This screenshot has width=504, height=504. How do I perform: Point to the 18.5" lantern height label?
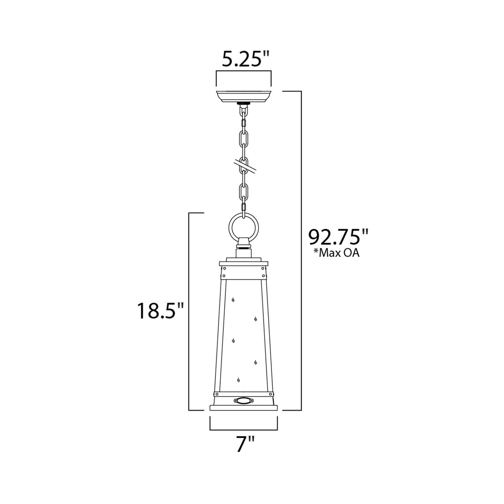pos(160,311)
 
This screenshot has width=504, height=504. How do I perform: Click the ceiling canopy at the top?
pos(244,97)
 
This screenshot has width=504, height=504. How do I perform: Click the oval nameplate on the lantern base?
pos(243,401)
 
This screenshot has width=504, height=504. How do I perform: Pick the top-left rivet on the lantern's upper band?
pos(225,269)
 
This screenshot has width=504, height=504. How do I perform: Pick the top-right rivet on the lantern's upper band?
pos(263,269)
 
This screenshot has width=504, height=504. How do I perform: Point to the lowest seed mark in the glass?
pos(239,380)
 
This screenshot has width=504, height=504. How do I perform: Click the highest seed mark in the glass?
pos(233,300)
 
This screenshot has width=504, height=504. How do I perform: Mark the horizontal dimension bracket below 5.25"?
pos(244,72)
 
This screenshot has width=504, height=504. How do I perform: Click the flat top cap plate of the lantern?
pos(243,263)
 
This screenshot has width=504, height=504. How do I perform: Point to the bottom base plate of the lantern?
pos(243,408)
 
